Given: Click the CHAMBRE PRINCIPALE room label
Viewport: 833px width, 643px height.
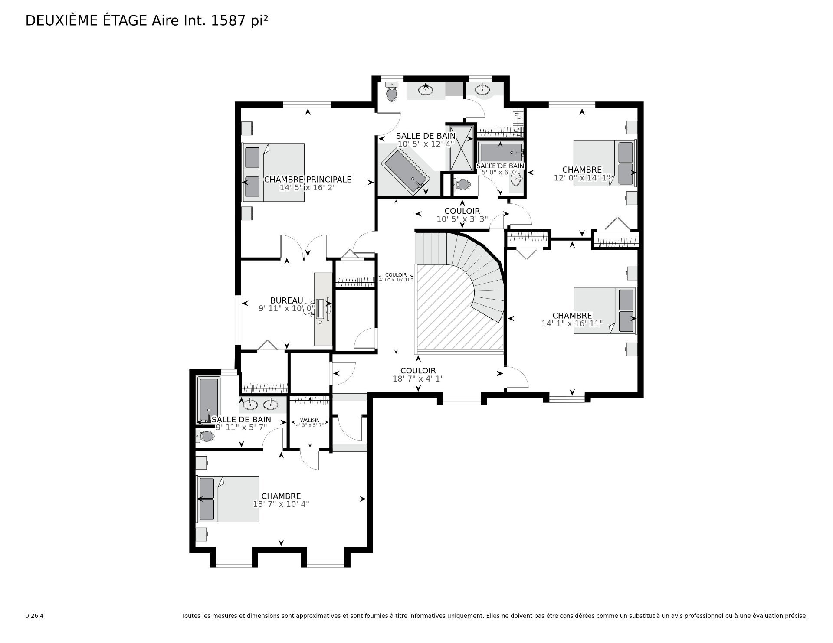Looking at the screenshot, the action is point(308,180).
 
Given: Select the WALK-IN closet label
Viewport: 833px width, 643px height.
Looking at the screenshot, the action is point(310,421).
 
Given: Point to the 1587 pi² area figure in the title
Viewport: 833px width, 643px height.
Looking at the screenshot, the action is point(239,20).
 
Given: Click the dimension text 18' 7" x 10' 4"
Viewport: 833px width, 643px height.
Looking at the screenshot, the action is point(281,504).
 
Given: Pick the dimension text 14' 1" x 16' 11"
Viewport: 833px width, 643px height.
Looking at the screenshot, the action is point(572,323).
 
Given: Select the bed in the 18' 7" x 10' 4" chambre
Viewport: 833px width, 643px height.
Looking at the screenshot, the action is point(228,499).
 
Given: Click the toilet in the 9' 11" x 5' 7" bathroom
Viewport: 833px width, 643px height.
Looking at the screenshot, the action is point(205,436).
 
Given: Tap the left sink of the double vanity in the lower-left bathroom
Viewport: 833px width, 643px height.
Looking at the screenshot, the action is point(250,405).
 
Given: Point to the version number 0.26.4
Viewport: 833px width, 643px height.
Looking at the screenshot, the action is point(35,616).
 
